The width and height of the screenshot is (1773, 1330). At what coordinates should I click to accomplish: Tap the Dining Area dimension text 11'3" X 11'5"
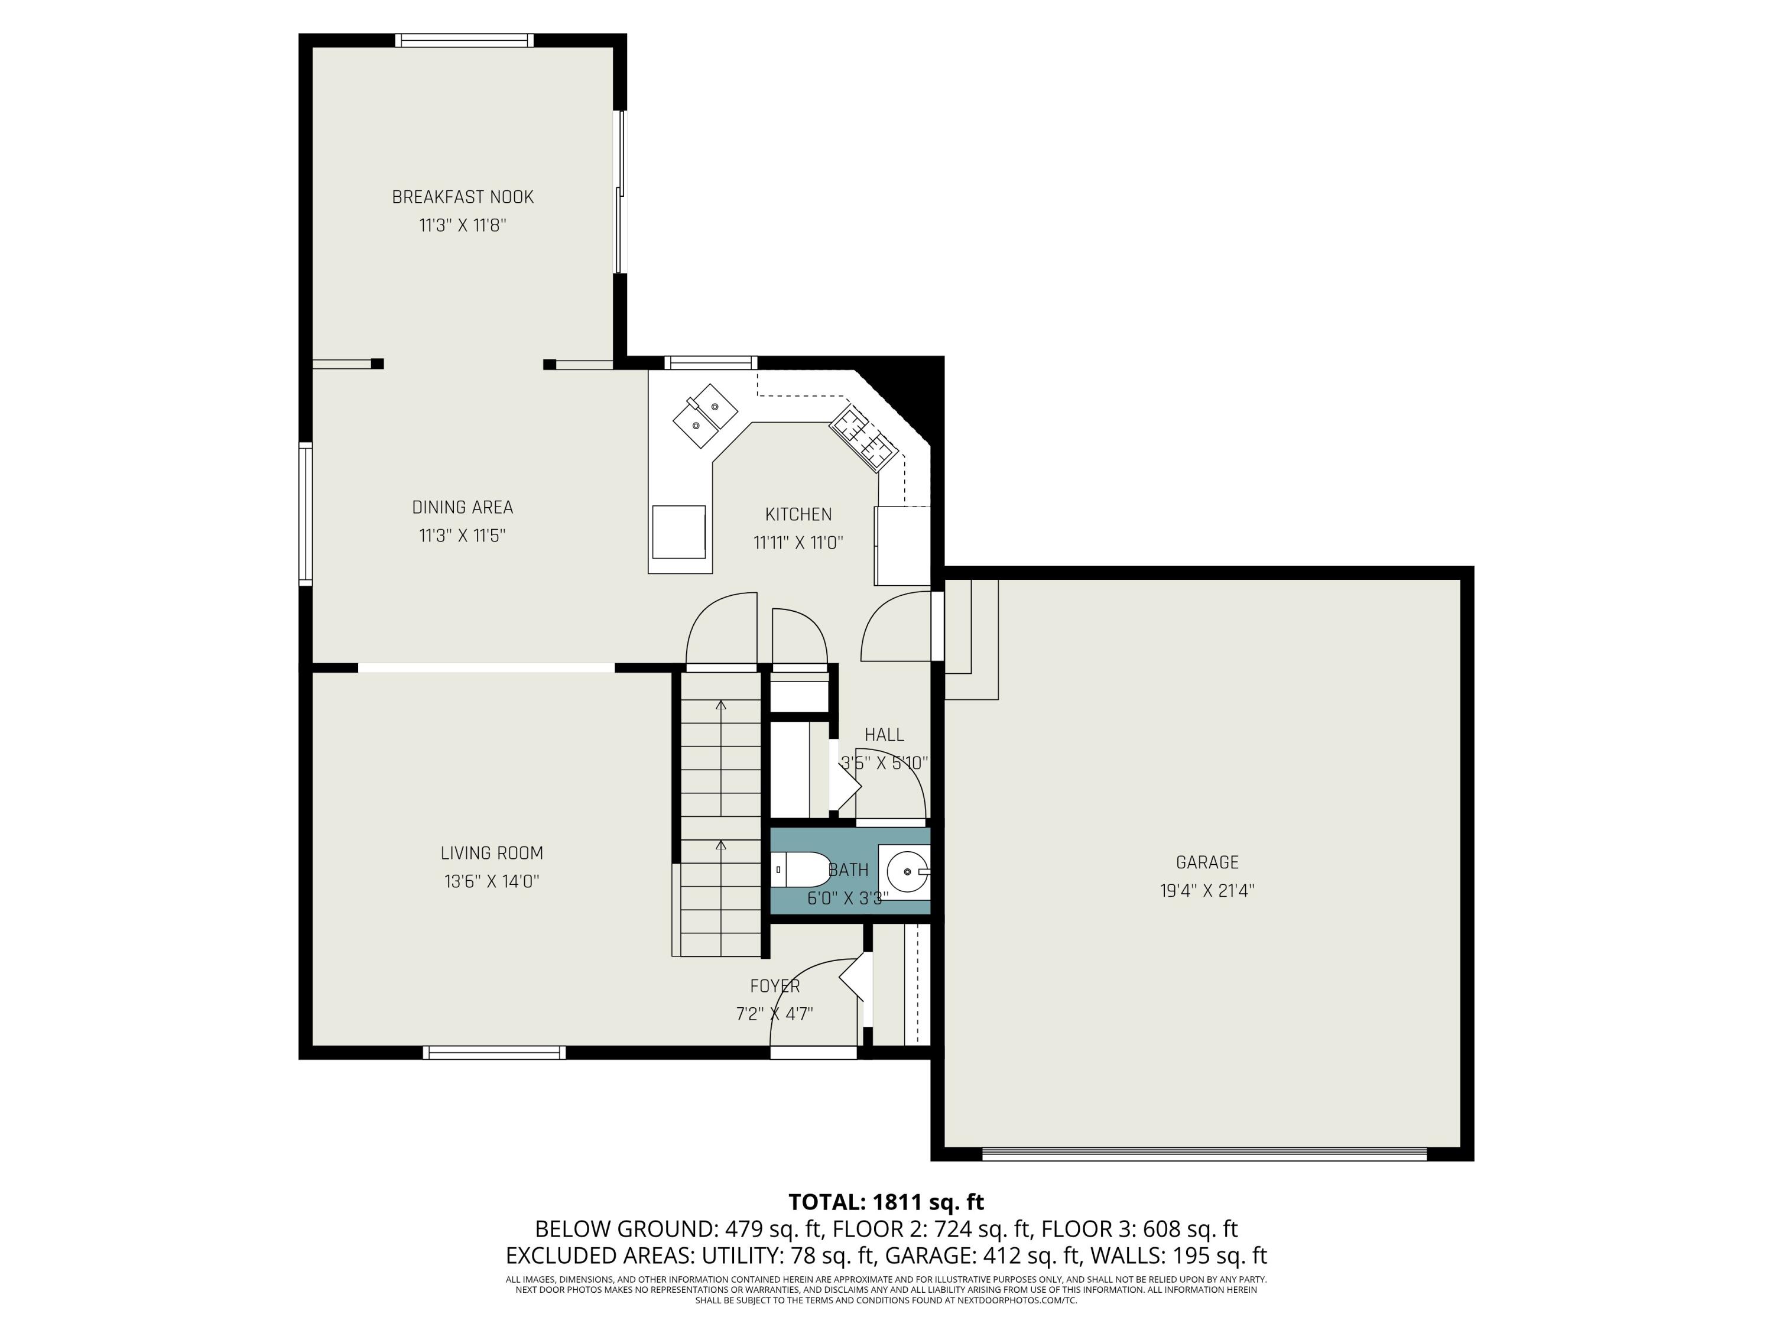[x=463, y=536]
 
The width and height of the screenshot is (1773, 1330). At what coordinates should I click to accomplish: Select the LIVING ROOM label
[x=491, y=853]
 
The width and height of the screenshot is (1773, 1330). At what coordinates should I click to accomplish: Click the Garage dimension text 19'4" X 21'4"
[x=1207, y=891]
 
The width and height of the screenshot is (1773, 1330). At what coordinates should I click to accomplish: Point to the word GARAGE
[x=1207, y=862]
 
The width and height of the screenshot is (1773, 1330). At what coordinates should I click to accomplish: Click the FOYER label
[x=774, y=986]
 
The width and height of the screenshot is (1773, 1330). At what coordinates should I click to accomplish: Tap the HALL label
[x=884, y=734]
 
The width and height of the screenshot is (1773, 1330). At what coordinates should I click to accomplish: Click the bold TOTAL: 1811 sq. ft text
[x=886, y=1202]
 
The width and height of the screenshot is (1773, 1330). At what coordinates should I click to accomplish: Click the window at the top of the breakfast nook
[x=464, y=40]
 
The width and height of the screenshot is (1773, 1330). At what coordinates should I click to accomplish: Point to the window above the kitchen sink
[x=710, y=362]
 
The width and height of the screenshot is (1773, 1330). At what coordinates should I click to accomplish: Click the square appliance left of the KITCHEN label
[x=679, y=531]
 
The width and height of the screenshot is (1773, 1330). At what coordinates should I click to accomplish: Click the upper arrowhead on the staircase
[x=720, y=705]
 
